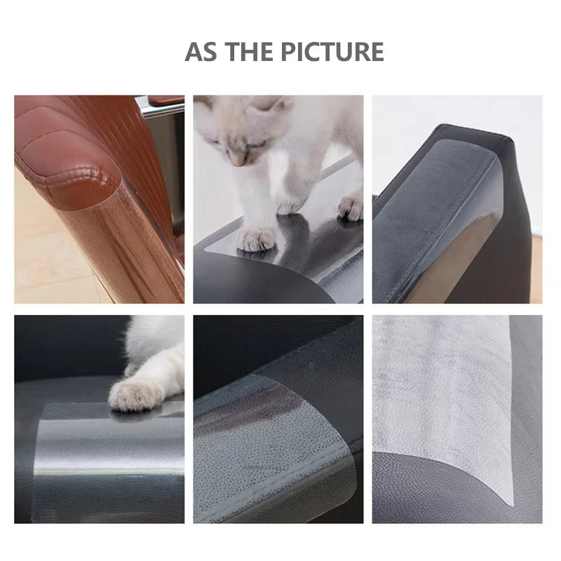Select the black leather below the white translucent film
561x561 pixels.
point(421,491)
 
